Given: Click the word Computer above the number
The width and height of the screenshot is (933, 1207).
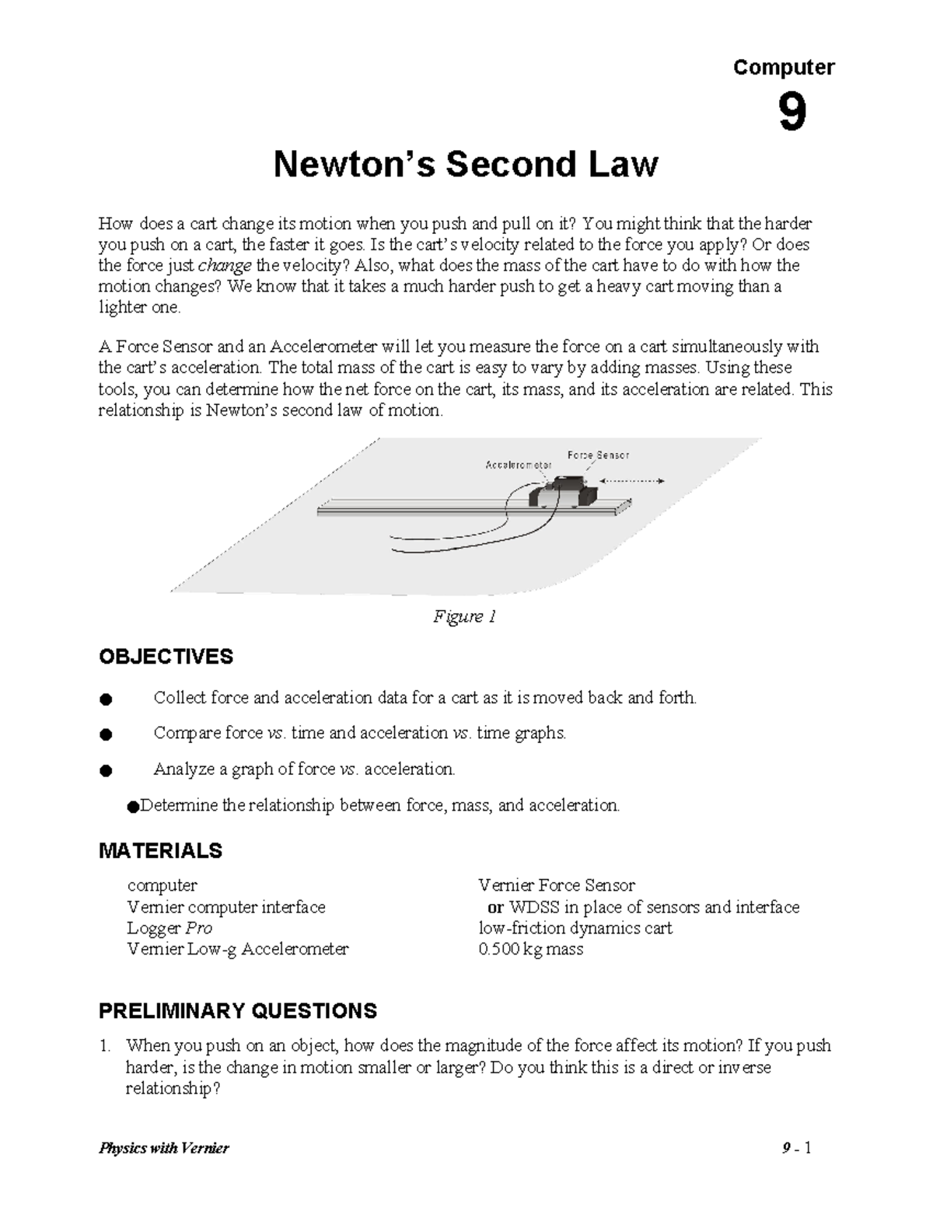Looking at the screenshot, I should (x=784, y=68).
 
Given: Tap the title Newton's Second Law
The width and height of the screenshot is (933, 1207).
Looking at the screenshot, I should (x=466, y=165).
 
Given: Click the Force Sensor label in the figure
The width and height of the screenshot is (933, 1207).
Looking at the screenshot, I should (x=598, y=455).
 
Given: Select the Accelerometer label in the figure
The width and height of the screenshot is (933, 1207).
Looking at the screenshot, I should (x=519, y=465).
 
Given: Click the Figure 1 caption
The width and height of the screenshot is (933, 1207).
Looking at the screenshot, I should (x=464, y=617).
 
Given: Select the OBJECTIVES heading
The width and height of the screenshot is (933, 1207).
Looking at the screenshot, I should (x=166, y=657).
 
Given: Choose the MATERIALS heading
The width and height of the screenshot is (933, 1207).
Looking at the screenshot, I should (x=160, y=851).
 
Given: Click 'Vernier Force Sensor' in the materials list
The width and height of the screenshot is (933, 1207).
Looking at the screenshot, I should (x=557, y=885).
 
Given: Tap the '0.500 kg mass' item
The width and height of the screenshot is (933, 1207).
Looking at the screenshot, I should (x=530, y=949).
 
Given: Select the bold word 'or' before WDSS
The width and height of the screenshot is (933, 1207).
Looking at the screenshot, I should (x=495, y=907).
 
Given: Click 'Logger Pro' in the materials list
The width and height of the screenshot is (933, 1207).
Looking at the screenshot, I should (x=169, y=928).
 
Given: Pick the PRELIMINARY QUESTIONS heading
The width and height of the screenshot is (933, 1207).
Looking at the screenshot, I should (x=237, y=1011).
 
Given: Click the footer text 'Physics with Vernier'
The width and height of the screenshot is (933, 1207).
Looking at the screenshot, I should (x=164, y=1148).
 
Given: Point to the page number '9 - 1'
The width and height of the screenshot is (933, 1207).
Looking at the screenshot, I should (x=797, y=1148).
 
